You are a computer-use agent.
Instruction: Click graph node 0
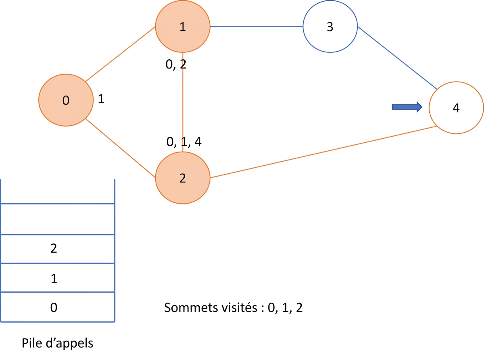66,100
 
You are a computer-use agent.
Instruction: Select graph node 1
183,26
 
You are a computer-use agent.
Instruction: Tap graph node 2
183,178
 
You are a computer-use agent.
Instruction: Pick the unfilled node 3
330,26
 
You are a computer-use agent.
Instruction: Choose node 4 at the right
456,108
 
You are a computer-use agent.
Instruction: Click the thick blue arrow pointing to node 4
407,107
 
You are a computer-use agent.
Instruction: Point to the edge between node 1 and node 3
257,26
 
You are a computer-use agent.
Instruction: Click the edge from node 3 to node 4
397,58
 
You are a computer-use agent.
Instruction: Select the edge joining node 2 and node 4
323,152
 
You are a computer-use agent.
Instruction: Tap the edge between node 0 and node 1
120,54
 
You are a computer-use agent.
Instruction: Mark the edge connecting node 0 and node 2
120,148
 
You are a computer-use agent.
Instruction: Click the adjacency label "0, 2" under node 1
176,65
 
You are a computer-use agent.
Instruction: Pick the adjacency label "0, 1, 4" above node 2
184,142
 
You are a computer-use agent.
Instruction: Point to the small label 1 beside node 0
101,99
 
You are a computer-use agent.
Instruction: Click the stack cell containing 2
58,249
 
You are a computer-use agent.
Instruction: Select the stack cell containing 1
58,278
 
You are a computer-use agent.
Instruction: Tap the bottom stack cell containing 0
58,307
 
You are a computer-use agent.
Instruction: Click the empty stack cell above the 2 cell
58,219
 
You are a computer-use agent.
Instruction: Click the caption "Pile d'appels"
57,343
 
